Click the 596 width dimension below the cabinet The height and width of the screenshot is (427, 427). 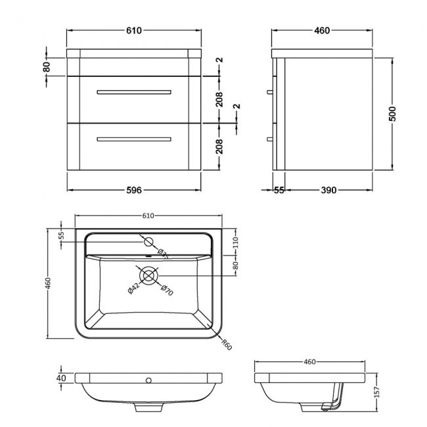[133, 191]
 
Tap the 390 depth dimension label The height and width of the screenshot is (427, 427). [328, 191]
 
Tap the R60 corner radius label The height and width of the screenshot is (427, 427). [226, 343]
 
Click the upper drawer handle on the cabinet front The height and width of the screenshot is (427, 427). [133, 92]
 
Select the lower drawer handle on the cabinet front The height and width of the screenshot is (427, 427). [133, 139]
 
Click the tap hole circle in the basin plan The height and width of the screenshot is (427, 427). [148, 241]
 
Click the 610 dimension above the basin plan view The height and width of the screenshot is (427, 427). [148, 215]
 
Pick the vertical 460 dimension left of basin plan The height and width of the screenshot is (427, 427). [47, 283]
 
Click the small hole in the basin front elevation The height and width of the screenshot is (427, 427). [148, 380]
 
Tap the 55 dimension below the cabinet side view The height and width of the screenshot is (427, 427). [279, 191]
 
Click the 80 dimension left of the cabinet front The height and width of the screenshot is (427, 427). [47, 67]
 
